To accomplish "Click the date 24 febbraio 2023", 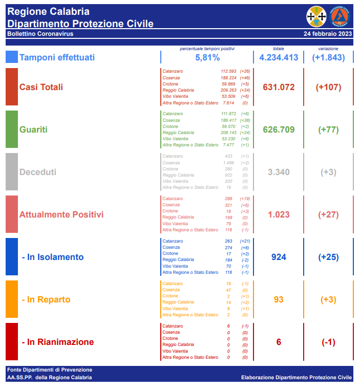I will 328,34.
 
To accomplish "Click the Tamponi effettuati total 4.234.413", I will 279,57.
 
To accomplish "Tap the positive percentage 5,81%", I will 207,58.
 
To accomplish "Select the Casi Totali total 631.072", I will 279,87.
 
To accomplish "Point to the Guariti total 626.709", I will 279,129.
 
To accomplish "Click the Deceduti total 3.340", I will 279,172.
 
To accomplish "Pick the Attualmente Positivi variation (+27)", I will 328,214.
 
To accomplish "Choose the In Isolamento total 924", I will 279,257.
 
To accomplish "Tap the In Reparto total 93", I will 279,299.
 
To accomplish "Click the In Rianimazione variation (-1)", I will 328,342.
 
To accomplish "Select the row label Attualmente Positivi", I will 61,214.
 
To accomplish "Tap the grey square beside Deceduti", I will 12,172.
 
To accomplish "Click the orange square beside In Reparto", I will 12,299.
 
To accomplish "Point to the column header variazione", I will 328,49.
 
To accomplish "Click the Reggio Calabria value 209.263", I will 228,90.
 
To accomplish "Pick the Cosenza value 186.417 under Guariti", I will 228,120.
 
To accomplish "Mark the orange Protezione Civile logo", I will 340,16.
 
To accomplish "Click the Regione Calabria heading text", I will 49,11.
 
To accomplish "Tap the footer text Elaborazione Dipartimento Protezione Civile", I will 297,378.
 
